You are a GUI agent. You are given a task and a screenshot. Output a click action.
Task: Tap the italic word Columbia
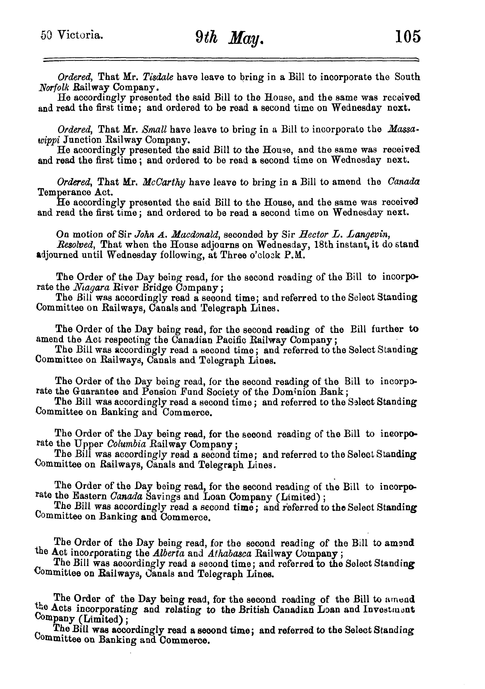(x=126, y=444)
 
